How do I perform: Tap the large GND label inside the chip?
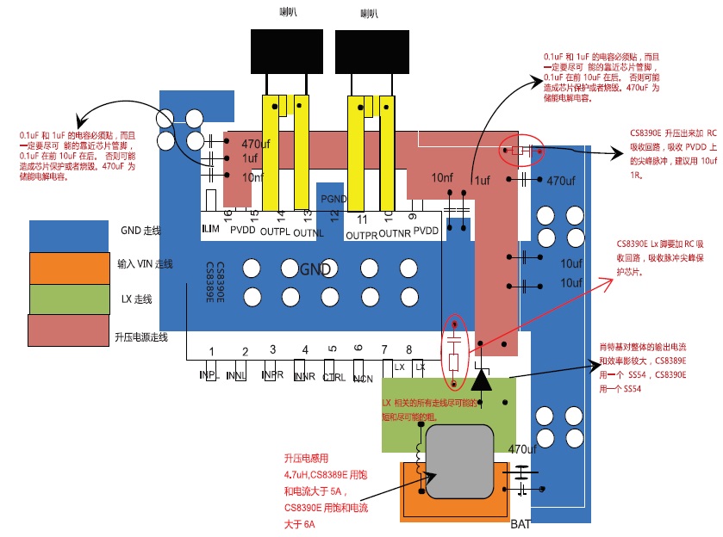tap(315, 269)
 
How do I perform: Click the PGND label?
tap(333, 199)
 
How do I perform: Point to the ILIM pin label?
tap(209, 230)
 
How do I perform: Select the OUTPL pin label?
tap(275, 232)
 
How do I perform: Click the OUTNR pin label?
tap(395, 233)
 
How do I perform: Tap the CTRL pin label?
tap(334, 377)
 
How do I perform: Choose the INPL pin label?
tap(208, 376)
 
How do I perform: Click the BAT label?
tap(520, 524)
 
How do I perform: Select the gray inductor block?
tap(459, 461)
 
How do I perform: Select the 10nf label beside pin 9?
tap(442, 178)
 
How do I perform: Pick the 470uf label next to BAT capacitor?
tap(522, 449)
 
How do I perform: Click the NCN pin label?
tap(363, 377)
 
